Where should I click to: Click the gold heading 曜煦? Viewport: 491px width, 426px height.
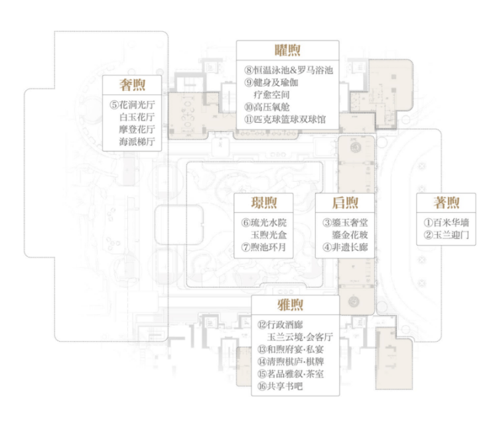coord(287,50)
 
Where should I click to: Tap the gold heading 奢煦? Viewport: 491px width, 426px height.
coord(132,85)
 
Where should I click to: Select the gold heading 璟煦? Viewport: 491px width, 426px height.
coord(263,202)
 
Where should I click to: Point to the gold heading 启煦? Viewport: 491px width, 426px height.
coord(345,202)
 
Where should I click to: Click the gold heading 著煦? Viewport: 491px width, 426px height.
coord(447,202)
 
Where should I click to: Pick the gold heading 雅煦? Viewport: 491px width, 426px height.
coord(290,305)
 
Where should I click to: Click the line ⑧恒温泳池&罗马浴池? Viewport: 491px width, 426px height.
coord(289,70)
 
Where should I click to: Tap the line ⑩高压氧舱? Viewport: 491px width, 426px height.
coord(267,107)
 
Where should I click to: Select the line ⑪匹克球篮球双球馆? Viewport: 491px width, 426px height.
coord(285,119)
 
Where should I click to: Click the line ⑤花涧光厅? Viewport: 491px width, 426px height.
coord(132,105)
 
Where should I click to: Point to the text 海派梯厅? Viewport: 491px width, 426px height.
coord(137,141)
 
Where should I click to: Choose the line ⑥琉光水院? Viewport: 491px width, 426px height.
coord(263,223)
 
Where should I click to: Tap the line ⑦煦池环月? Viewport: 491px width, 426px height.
coord(263,247)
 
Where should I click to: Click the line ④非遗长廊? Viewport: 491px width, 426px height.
coord(345,247)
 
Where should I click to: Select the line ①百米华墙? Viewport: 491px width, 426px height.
coord(447,223)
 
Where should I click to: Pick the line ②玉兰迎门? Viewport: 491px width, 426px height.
coord(447,235)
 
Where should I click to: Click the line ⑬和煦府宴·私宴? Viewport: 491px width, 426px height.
coord(291,349)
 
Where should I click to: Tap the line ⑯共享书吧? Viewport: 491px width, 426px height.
coord(280,386)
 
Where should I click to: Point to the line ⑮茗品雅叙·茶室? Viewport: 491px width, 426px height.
coord(291,374)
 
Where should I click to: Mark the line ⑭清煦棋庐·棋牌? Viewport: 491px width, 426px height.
coord(291,362)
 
